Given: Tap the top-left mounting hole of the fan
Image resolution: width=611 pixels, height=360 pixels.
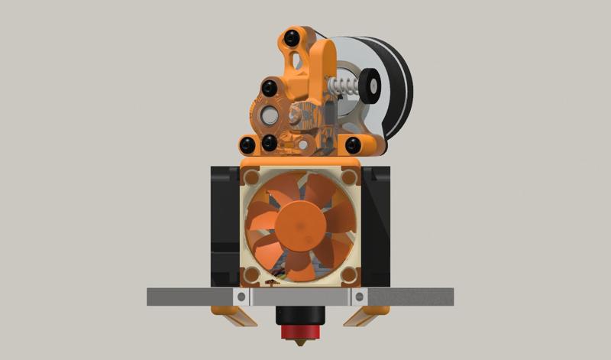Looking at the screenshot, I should point(253,177).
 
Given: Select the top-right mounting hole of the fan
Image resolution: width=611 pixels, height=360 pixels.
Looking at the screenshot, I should point(348,177).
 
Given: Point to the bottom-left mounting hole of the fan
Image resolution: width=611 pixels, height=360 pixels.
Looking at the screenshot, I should point(253,273).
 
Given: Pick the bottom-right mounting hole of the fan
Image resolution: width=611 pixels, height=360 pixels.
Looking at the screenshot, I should point(348,273).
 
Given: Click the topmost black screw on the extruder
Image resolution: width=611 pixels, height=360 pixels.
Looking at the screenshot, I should point(291,38).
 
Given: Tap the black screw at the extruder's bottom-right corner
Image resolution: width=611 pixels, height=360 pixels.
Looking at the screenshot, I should point(352,144).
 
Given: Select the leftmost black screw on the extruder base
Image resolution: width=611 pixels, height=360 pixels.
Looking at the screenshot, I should point(248,144).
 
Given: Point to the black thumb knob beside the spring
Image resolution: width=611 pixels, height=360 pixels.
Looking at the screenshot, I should point(372,85).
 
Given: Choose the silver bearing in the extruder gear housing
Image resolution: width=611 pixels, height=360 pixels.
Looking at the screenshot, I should point(271,115).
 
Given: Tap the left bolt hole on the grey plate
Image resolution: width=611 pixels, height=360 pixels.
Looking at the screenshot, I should point(241,297).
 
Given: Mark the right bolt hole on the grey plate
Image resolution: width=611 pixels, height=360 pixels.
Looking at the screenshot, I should point(357,297).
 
